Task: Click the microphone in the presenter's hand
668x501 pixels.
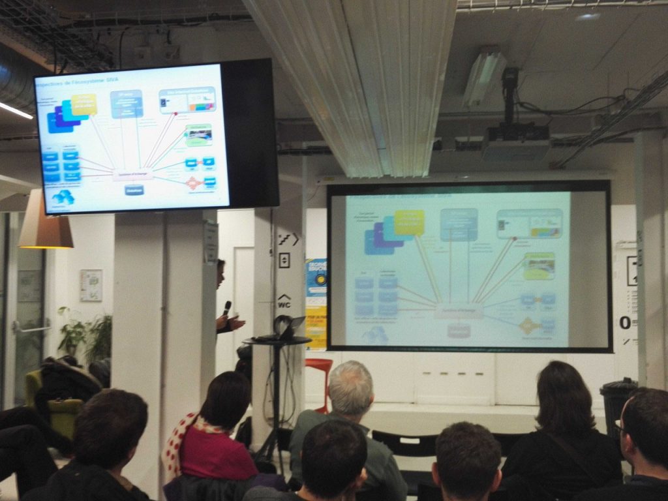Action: click(x=227, y=307)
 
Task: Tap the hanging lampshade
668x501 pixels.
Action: click(x=45, y=225)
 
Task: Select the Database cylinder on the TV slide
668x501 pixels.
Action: click(x=134, y=190)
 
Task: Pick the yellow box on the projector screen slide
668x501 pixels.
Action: click(x=409, y=222)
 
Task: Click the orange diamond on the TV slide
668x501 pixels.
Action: click(x=192, y=183)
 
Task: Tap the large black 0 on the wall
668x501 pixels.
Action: click(x=625, y=322)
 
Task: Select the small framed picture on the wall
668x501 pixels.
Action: click(x=91, y=285)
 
